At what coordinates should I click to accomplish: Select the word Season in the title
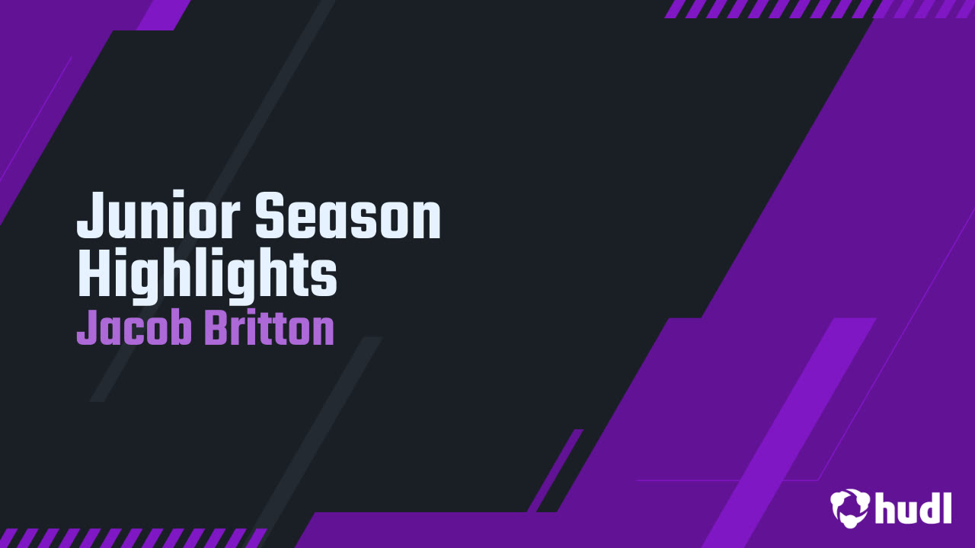[347, 216]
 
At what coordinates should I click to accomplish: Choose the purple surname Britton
[269, 329]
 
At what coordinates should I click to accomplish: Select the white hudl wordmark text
[914, 507]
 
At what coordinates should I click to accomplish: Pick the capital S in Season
[270, 216]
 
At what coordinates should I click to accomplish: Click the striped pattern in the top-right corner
[819, 8]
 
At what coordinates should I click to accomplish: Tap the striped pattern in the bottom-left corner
[129, 537]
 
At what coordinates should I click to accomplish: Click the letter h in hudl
[884, 507]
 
